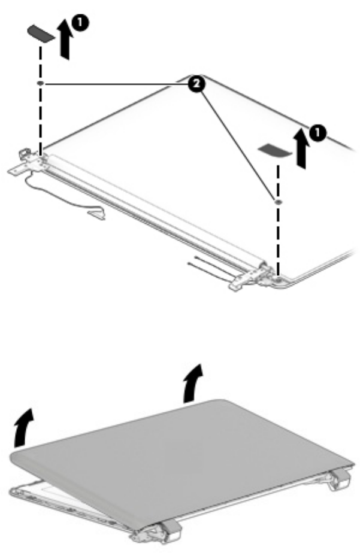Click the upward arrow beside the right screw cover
[301, 149]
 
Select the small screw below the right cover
[278, 202]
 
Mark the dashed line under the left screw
[40, 120]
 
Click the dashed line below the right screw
[278, 239]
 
